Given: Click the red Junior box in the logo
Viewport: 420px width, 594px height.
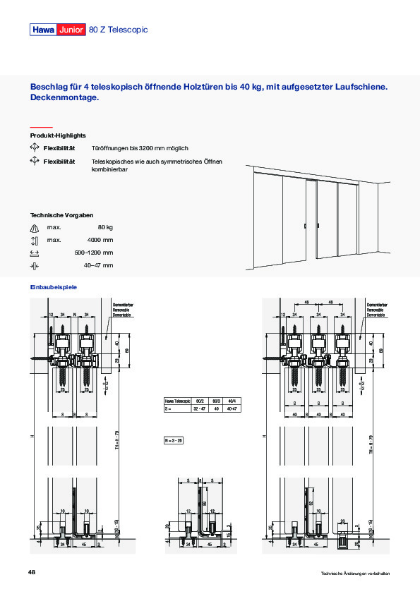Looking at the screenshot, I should pyautogui.click(x=71, y=30).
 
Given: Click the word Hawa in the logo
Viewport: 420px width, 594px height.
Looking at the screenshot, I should pyautogui.click(x=43, y=30).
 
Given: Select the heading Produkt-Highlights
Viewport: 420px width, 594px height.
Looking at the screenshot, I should pyautogui.click(x=58, y=135).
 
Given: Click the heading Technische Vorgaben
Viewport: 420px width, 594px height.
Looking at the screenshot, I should pyautogui.click(x=61, y=214).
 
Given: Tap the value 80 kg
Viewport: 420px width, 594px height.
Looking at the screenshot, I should pyautogui.click(x=105, y=227).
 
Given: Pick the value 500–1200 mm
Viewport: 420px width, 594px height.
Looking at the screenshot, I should pyautogui.click(x=94, y=253).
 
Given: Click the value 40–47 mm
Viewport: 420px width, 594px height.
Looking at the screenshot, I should pyautogui.click(x=98, y=265).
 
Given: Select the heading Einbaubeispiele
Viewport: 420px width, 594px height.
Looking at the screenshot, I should pyautogui.click(x=53, y=287).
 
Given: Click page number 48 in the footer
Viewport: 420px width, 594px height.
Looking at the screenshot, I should pyautogui.click(x=32, y=571).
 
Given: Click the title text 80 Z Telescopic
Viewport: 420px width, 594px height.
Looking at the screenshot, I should pyautogui.click(x=119, y=30).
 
